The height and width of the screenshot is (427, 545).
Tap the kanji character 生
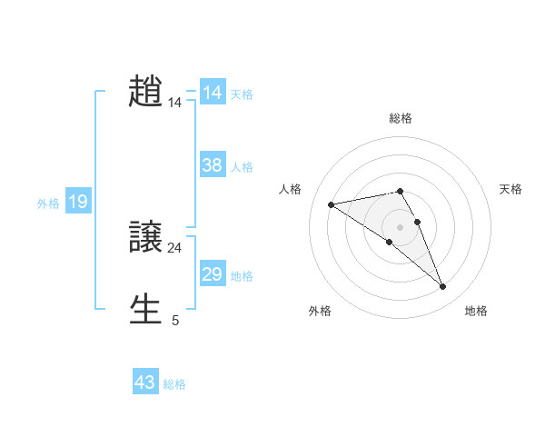pyautogui.click(x=146, y=309)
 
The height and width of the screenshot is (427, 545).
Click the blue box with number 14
pyautogui.click(x=213, y=93)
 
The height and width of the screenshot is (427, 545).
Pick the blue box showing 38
pyautogui.click(x=213, y=165)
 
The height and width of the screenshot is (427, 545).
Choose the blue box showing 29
pyautogui.click(x=213, y=274)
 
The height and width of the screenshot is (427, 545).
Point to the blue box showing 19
pyautogui.click(x=78, y=202)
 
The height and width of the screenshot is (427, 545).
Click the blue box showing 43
pyautogui.click(x=145, y=382)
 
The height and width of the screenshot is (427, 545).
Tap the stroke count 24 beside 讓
pyautogui.click(x=174, y=248)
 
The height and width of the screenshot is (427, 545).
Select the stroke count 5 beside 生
pyautogui.click(x=175, y=320)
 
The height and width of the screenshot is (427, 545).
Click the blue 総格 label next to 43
pyautogui.click(x=174, y=384)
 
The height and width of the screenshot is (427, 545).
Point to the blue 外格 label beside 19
pyautogui.click(x=48, y=204)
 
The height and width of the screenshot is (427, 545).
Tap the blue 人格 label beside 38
pyautogui.click(x=242, y=167)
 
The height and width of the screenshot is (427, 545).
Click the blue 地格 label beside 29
pyautogui.click(x=242, y=276)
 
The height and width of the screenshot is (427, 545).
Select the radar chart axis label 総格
pyautogui.click(x=401, y=118)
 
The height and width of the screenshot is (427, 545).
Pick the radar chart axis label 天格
pyautogui.click(x=510, y=189)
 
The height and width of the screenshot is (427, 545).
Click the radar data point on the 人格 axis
pyautogui.click(x=331, y=204)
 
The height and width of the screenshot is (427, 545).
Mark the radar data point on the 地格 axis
pyautogui.click(x=443, y=287)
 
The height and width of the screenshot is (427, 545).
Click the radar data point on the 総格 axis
pyautogui.click(x=401, y=191)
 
